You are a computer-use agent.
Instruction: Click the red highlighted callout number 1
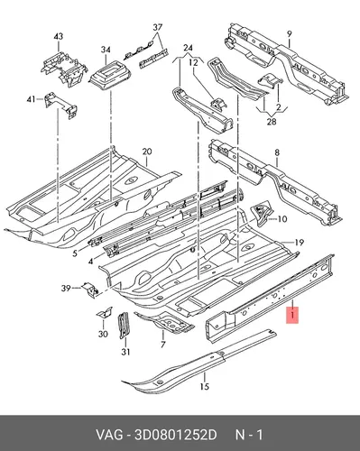tap(292, 316)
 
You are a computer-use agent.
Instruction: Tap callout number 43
tap(59, 37)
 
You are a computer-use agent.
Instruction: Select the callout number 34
tap(106, 50)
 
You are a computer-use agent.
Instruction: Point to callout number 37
tap(158, 27)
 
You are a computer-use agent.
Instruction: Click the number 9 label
tap(289, 34)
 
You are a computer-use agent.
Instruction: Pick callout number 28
tap(272, 122)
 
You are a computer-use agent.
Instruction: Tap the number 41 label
tap(31, 99)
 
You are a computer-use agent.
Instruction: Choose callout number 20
tap(147, 152)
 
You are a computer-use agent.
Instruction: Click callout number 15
tap(204, 386)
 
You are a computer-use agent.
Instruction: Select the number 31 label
tap(125, 352)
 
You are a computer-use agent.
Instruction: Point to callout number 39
tap(66, 289)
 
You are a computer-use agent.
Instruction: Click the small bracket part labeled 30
tap(105, 313)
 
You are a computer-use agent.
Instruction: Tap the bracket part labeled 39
tap(91, 290)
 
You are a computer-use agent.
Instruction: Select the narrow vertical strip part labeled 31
tap(124, 326)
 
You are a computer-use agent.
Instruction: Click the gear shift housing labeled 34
tap(111, 75)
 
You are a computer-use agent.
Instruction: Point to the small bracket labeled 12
tap(219, 105)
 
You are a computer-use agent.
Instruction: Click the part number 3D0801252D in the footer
tap(176, 435)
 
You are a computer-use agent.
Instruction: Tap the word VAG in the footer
tap(109, 435)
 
